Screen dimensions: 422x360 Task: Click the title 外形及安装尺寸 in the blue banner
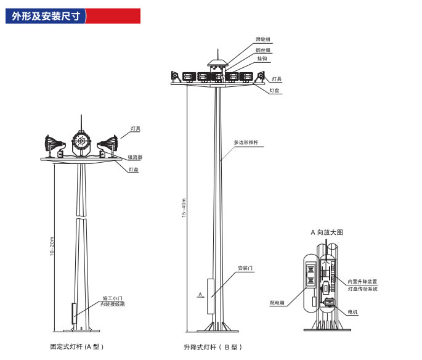[46, 16]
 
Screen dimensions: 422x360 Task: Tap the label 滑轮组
[263, 39]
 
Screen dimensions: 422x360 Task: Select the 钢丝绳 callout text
[263, 51]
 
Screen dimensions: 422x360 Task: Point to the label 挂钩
[262, 59]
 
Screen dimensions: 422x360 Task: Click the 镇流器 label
[135, 157]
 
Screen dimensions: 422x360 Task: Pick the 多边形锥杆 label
[246, 142]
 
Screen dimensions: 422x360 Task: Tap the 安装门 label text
[245, 268]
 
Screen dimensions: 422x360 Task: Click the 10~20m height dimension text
[52, 247]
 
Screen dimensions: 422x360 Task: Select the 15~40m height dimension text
[184, 208]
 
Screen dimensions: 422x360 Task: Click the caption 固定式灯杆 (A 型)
[77, 346]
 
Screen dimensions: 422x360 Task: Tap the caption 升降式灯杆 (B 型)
[213, 347]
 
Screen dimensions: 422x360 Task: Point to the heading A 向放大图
[327, 232]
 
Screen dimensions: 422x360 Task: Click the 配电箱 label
[277, 303]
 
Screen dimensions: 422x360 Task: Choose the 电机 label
[352, 312]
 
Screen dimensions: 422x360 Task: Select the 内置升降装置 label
[362, 282]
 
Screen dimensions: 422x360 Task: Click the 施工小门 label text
[113, 298]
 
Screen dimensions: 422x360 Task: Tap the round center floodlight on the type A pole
[81, 143]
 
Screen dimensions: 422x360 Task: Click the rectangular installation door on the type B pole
[211, 297]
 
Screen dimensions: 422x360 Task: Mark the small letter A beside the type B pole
[200, 294]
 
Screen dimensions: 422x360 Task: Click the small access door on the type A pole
[74, 314]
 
